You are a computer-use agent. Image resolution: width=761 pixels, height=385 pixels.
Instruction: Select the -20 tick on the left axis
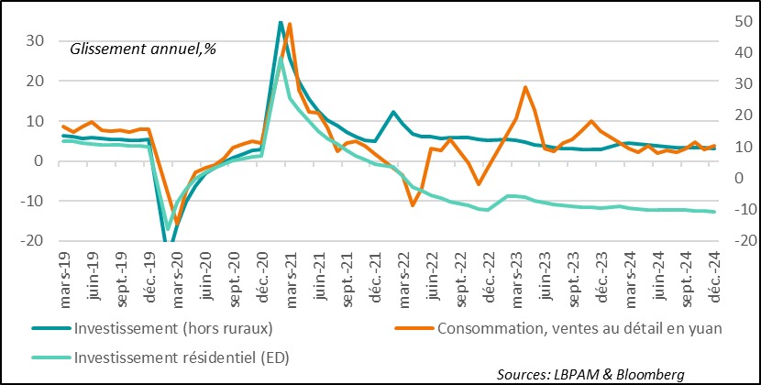tap(32, 241)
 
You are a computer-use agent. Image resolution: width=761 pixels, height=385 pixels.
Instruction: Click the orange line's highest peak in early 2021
tap(290, 25)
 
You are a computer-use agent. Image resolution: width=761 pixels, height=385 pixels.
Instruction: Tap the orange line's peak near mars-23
tap(524, 87)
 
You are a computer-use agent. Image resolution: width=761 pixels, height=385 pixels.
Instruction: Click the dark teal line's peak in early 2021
tap(281, 22)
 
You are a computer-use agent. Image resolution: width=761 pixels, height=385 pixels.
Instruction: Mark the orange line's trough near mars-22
tap(413, 205)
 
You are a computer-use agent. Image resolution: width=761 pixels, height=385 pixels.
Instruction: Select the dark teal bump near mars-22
tap(393, 112)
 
